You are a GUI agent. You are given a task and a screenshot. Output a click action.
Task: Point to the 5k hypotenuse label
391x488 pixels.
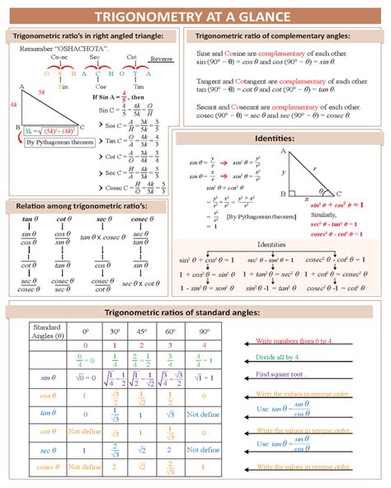click(x=41, y=92)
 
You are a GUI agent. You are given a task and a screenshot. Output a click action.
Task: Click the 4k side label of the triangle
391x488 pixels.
click(x=13, y=106)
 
